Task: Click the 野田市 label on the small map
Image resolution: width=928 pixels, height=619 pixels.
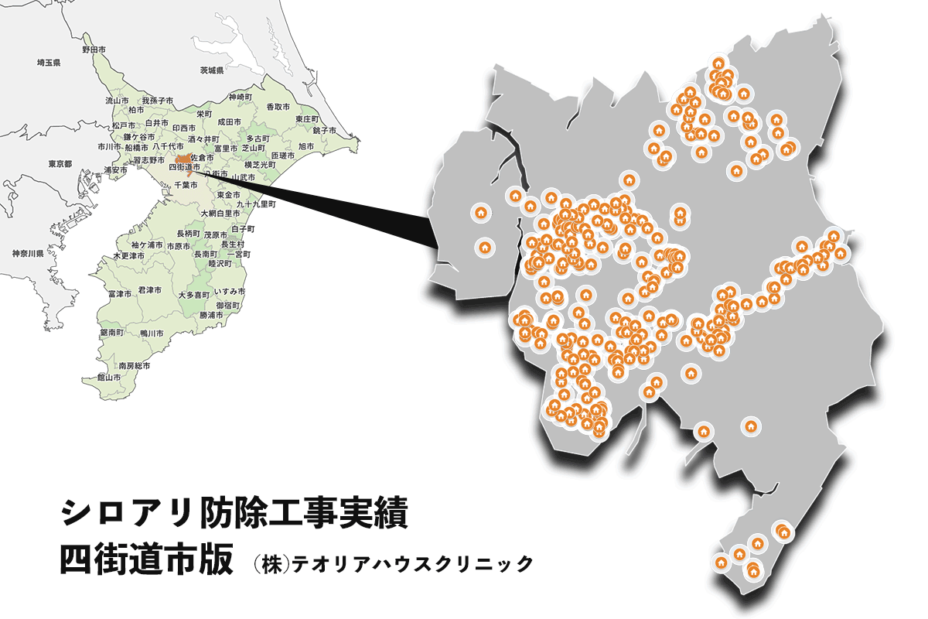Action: point(94,50)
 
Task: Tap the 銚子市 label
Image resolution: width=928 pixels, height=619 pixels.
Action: point(323,130)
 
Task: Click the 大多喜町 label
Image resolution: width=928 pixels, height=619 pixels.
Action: point(193,295)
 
